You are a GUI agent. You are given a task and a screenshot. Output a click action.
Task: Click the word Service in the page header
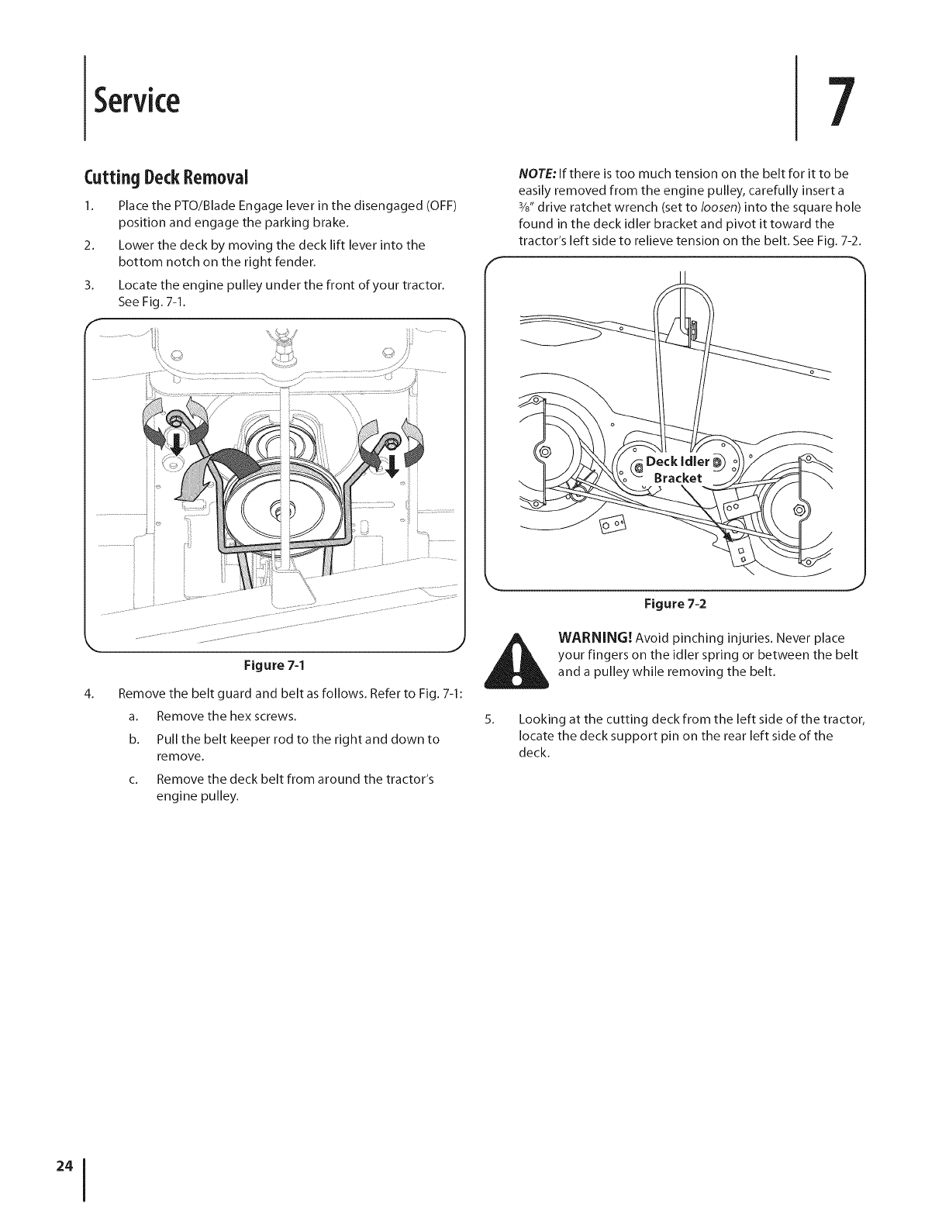(136, 99)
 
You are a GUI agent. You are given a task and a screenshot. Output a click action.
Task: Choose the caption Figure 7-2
(673, 604)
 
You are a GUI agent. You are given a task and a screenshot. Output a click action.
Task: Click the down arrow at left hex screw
(177, 445)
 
